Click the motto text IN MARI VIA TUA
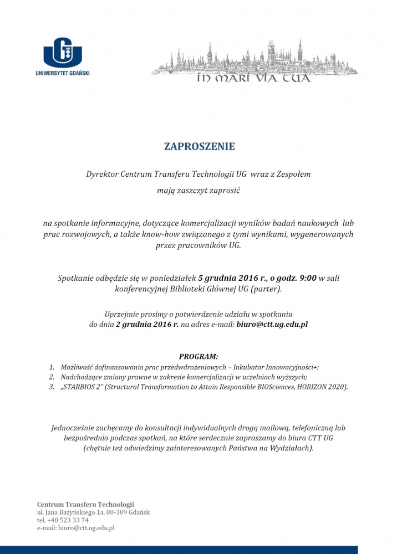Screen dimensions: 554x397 tap(254, 78)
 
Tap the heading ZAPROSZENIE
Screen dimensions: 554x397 tap(199, 147)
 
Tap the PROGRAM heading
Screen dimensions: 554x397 tap(198, 356)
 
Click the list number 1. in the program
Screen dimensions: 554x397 tap(52, 367)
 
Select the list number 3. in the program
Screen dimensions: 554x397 tap(52, 387)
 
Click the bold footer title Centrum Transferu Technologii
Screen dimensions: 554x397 tap(85, 504)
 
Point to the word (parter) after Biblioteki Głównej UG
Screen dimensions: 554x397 tap(266, 289)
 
